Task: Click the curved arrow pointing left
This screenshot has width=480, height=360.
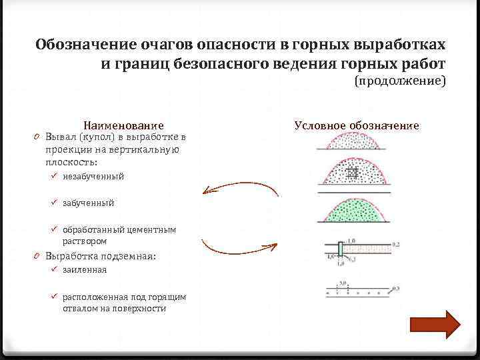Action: (240, 189)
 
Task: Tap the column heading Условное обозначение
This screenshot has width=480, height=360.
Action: (356, 125)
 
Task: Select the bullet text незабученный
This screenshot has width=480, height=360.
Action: (93, 177)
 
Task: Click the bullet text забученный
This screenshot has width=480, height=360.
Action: (88, 203)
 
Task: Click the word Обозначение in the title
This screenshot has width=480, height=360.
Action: (85, 45)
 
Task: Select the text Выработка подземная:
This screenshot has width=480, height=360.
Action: (100, 256)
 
